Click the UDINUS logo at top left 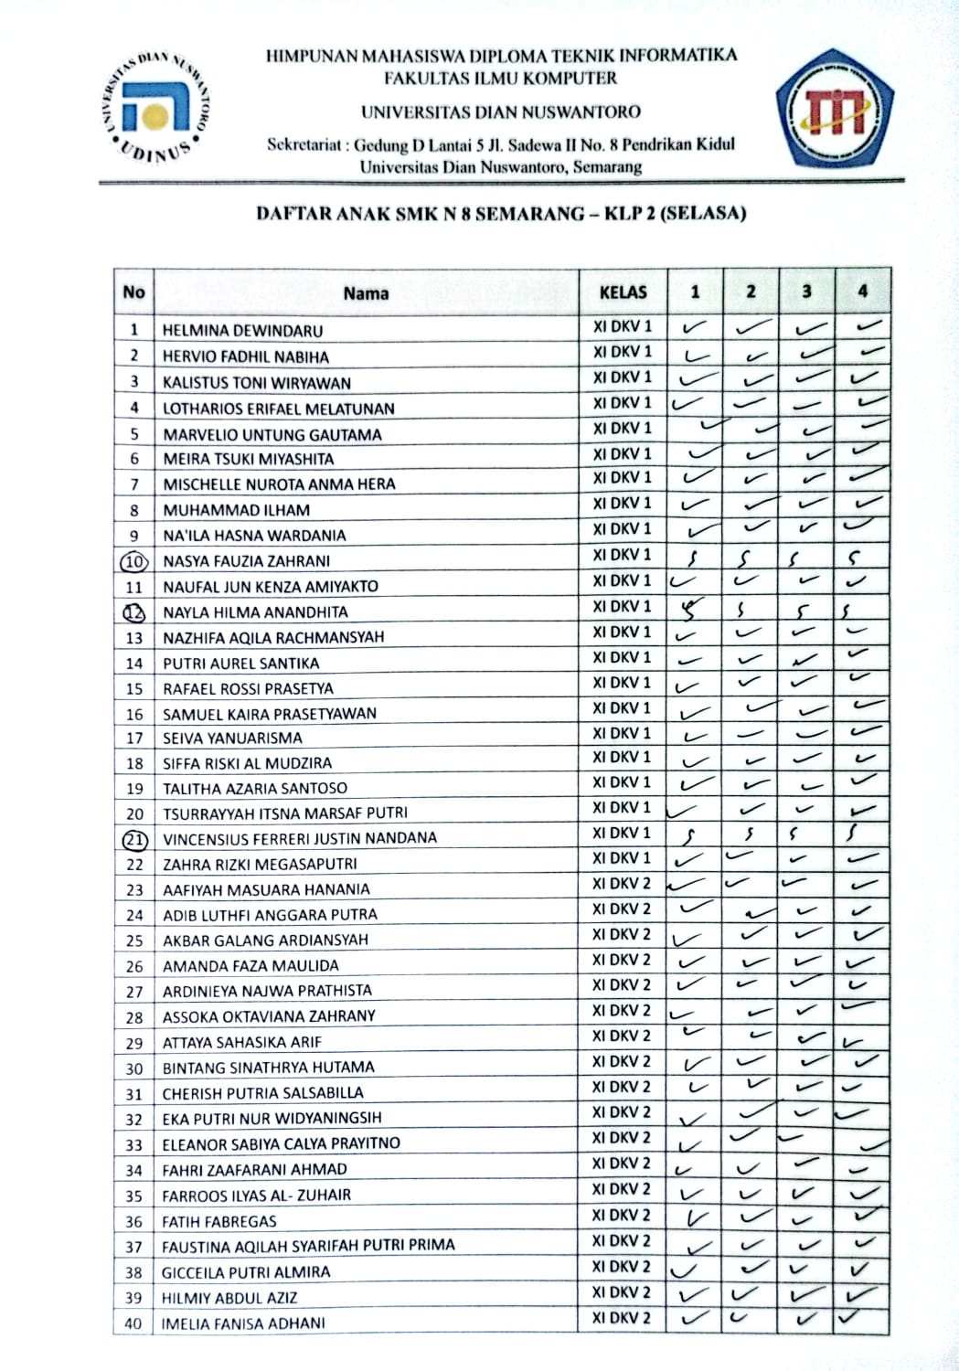pos(154,107)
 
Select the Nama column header pos(366,293)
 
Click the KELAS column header pos(623,292)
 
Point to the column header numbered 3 pos(806,292)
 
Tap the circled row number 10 pos(134,561)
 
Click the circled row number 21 pos(134,838)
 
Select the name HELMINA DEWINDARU pos(242,331)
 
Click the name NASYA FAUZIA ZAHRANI pos(246,561)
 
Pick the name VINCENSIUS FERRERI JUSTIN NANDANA pos(299,838)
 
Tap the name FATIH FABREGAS pos(218,1221)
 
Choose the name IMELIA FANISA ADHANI pos(242,1323)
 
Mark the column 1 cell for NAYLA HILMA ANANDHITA pos(694,610)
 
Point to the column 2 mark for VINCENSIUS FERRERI pos(750,834)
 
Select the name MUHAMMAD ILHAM pos(236,510)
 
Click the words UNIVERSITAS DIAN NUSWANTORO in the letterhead pos(500,112)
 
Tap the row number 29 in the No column pos(134,1043)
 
